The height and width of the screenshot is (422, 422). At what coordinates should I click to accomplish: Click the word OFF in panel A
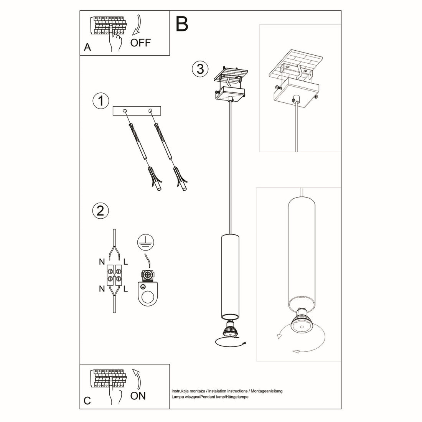tap(140, 42)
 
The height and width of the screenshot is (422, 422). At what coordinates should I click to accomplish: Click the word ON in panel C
tap(138, 396)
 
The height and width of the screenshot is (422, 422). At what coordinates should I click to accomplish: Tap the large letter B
tap(182, 24)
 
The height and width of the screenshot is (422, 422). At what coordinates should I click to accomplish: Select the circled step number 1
tap(101, 101)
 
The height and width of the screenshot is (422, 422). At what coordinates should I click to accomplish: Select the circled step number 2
tap(101, 211)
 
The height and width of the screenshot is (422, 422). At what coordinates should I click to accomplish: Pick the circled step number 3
tap(199, 69)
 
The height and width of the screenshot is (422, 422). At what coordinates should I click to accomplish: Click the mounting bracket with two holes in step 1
tap(137, 111)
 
